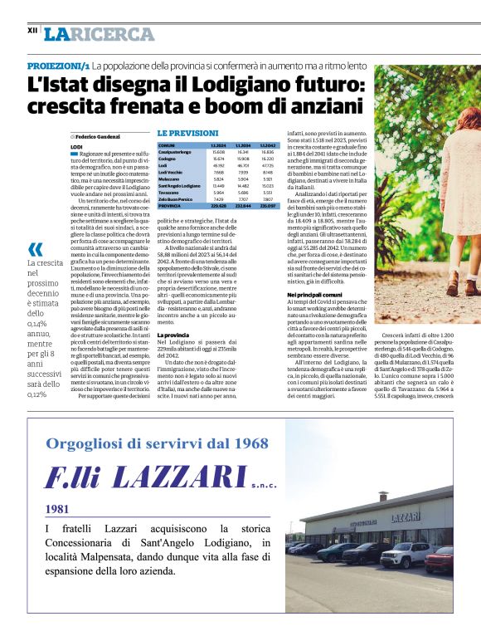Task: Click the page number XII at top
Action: pyautogui.click(x=32, y=30)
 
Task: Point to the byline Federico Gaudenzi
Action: pyautogui.click(x=98, y=135)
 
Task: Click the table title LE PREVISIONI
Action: pyautogui.click(x=188, y=133)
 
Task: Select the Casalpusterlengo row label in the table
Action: pyautogui.click(x=175, y=152)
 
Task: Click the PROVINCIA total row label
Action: pyautogui.click(x=169, y=206)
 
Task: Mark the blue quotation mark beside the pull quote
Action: pyautogui.click(x=35, y=248)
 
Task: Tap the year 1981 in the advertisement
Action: pyautogui.click(x=57, y=509)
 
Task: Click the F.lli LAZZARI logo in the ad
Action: pyautogui.click(x=149, y=477)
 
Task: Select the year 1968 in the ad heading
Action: pyautogui.click(x=247, y=443)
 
